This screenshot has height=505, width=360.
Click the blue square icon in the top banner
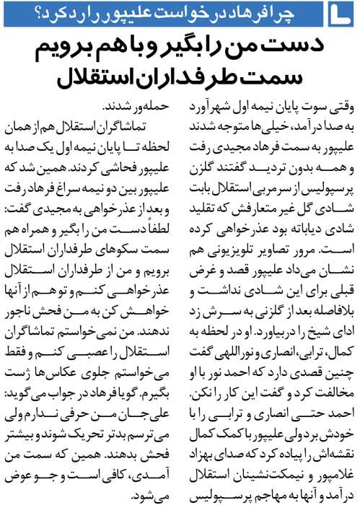click(343, 13)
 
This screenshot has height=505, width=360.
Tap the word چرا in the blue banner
click(307, 13)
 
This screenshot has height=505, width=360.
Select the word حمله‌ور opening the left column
click(145, 105)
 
